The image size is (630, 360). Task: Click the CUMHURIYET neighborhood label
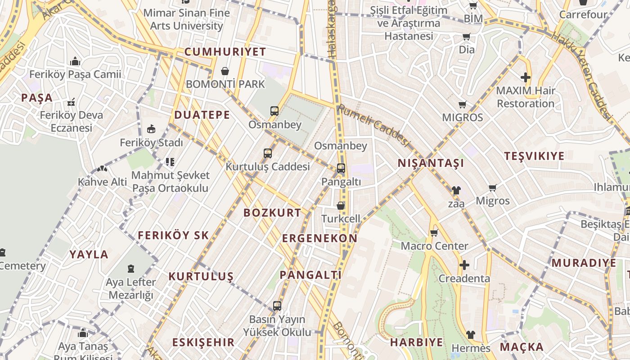click(225, 52)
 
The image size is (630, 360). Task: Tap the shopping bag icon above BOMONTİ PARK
click(225, 71)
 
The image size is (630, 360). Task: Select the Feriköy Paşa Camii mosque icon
click(75, 61)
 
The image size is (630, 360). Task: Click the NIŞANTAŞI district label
click(431, 163)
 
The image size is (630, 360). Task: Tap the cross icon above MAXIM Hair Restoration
click(525, 77)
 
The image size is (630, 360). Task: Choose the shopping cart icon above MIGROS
click(462, 105)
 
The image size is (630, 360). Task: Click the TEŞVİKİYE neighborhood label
click(534, 156)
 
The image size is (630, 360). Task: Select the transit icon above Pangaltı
click(341, 169)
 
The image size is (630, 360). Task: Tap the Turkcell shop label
click(341, 219)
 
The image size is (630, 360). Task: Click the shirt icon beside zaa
click(456, 190)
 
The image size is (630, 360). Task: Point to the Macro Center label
click(434, 246)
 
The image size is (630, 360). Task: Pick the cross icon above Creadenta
click(464, 265)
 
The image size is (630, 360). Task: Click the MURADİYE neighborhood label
click(584, 263)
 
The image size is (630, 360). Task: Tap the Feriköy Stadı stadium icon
click(151, 130)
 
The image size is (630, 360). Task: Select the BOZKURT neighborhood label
click(272, 213)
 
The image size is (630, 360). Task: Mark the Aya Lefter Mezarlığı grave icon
click(130, 269)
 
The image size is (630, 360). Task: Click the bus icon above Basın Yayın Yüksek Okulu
click(277, 306)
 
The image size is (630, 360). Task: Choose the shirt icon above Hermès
click(470, 335)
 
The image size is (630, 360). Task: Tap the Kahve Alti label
click(103, 182)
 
